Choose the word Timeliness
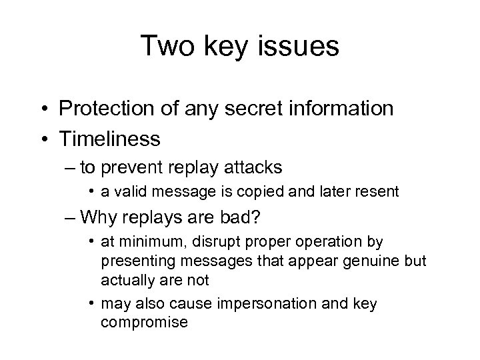click(x=109, y=138)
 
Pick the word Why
click(x=107, y=218)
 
